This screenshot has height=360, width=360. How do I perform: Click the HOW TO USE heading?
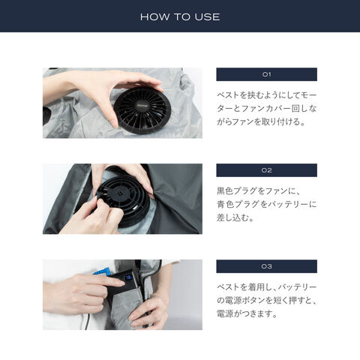point(180,17)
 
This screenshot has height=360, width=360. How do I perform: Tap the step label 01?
point(266,74)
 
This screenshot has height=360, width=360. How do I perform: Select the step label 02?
point(266,170)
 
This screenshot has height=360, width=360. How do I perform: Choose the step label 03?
point(266,266)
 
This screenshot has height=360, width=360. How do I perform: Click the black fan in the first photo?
point(142,109)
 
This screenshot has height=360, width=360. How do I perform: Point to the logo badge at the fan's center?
point(142,106)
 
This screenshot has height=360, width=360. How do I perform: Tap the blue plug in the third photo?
point(103,271)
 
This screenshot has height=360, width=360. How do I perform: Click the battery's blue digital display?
point(129,277)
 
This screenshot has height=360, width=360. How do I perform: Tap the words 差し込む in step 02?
point(232,217)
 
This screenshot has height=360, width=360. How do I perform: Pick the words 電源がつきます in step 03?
point(244,313)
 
